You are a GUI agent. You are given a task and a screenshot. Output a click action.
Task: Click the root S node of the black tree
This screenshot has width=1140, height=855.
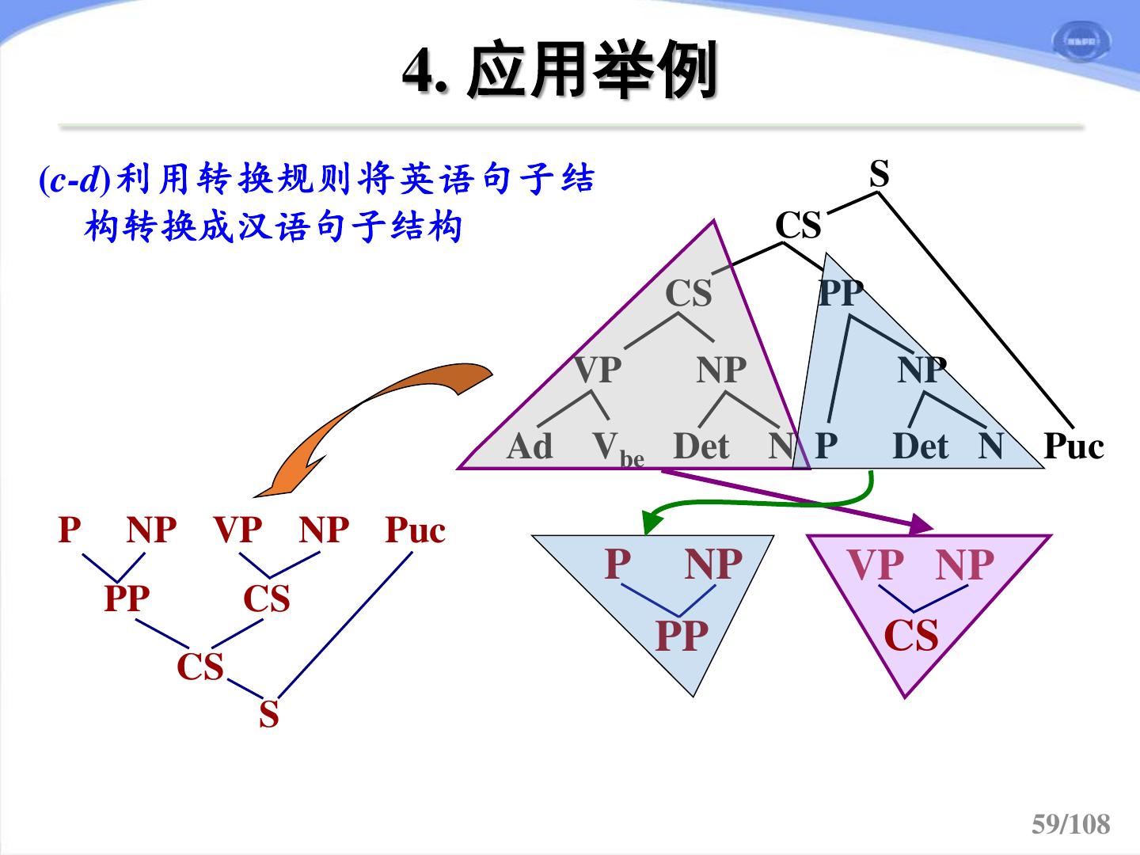coord(880,173)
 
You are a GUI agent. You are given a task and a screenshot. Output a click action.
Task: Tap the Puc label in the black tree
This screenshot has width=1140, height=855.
coord(1073,446)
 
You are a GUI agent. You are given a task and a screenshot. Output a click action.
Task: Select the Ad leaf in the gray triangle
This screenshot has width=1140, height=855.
coord(529,446)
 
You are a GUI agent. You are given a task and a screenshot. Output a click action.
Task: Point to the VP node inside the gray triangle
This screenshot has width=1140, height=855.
coord(598,370)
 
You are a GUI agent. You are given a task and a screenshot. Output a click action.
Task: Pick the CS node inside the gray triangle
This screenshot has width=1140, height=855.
coord(688,294)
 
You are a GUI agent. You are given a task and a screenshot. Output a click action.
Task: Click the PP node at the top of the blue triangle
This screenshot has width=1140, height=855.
coord(840,294)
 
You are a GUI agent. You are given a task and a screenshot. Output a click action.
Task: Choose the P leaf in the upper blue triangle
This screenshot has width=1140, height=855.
coord(826,446)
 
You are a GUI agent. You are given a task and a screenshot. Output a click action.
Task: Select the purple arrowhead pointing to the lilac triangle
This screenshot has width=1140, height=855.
coord(921,523)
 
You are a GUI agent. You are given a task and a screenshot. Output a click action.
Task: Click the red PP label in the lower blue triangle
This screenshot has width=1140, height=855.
coord(682,636)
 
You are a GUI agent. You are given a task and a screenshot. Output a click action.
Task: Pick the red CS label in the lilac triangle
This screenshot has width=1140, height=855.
coord(911,636)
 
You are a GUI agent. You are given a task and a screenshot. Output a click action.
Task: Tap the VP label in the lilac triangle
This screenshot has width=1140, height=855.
coord(875,565)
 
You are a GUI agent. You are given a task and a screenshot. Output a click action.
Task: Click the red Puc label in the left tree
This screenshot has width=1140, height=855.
coord(415,530)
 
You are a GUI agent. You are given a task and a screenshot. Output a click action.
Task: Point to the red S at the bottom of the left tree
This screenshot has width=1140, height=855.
coord(269,715)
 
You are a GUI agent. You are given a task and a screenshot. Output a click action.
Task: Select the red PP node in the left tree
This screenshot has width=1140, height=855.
coord(127,599)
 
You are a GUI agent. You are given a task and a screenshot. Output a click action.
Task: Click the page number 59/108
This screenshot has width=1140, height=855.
coord(1070,824)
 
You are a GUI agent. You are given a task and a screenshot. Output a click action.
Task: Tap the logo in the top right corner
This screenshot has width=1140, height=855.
coord(1080,41)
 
